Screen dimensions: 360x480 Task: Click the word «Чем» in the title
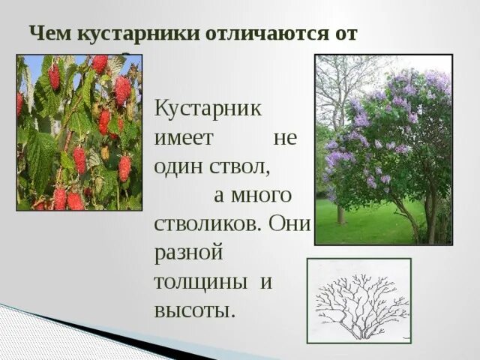48,34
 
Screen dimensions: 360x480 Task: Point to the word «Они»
289,224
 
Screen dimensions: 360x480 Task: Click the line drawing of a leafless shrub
359,301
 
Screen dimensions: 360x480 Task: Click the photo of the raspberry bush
79,132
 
